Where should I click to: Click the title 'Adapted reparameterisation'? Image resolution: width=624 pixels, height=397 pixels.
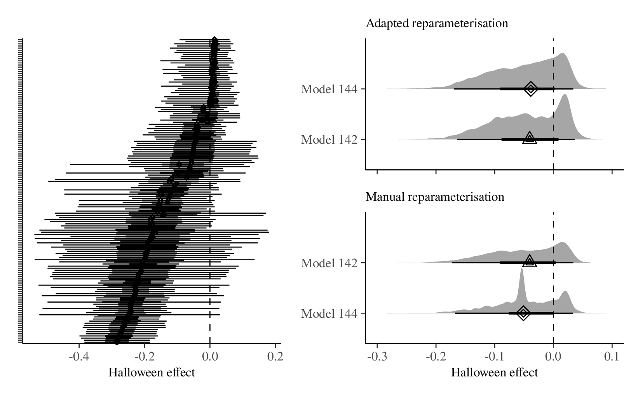[437, 23]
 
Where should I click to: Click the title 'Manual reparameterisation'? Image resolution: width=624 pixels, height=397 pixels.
[435, 197]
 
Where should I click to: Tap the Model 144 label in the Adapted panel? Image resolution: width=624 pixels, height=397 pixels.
[329, 89]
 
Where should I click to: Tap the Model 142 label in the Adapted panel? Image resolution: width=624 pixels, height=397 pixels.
[329, 139]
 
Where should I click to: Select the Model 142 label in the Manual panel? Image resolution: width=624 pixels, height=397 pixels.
[329, 263]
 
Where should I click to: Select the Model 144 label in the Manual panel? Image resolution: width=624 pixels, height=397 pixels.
[329, 313]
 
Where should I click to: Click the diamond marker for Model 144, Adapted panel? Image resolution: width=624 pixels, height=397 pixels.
[531, 89]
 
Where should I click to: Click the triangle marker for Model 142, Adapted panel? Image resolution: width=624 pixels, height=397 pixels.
[530, 138]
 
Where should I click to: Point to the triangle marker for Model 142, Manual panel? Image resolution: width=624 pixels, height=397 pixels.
[530, 262]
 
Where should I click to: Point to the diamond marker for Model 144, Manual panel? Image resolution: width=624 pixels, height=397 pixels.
[523, 313]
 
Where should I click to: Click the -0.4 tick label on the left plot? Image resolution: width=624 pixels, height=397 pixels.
[79, 357]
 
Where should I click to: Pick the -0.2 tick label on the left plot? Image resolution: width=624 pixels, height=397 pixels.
[144, 357]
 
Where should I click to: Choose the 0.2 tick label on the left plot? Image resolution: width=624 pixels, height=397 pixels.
[275, 357]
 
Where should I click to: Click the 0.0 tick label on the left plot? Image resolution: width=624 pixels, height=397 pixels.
[210, 357]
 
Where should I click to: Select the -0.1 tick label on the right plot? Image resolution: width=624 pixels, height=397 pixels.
[494, 357]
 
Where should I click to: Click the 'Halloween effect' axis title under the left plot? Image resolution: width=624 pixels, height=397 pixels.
[152, 373]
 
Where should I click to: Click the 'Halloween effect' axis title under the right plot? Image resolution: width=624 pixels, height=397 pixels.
[494, 373]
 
